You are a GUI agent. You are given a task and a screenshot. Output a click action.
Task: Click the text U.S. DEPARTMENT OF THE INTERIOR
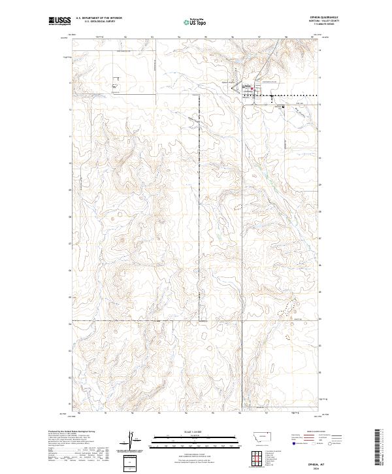point(99,18)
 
